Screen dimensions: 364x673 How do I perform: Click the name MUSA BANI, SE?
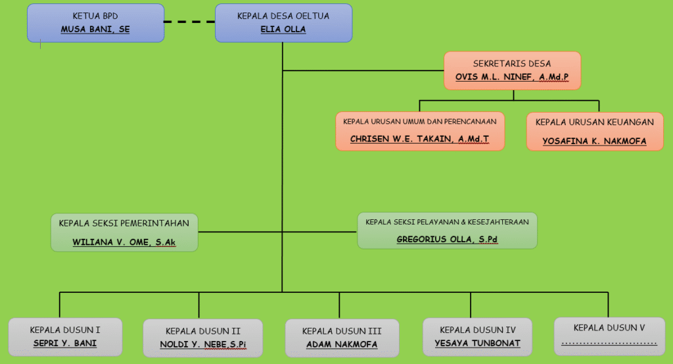click(95, 30)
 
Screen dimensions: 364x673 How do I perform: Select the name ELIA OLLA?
click(283, 30)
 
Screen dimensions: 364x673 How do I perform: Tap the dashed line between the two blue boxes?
click(189, 22)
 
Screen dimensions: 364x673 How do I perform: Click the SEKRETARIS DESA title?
click(512, 64)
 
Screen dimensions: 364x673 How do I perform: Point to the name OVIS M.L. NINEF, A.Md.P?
click(512, 78)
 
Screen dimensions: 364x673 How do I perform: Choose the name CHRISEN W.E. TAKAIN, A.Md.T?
click(419, 140)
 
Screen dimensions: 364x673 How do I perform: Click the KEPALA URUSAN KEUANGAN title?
click(594, 122)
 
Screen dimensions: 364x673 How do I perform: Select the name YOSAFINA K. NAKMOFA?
click(594, 141)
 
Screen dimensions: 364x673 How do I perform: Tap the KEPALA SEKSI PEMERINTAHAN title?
click(124, 223)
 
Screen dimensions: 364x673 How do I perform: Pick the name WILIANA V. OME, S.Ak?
click(124, 242)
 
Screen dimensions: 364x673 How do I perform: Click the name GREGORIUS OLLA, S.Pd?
click(447, 240)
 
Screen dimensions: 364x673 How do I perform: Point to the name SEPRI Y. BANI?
click(65, 343)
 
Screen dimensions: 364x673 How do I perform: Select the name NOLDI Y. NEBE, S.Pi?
click(203, 345)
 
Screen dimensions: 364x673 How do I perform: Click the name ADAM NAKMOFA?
click(342, 344)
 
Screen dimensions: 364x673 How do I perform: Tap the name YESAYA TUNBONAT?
click(477, 343)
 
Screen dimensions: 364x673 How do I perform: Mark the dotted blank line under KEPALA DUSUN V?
click(609, 342)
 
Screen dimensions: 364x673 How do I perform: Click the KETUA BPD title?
click(95, 15)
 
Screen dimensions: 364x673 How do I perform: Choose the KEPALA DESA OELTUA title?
click(283, 15)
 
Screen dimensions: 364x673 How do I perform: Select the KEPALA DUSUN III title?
click(342, 330)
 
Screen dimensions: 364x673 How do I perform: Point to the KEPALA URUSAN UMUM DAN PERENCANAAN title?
click(419, 121)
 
